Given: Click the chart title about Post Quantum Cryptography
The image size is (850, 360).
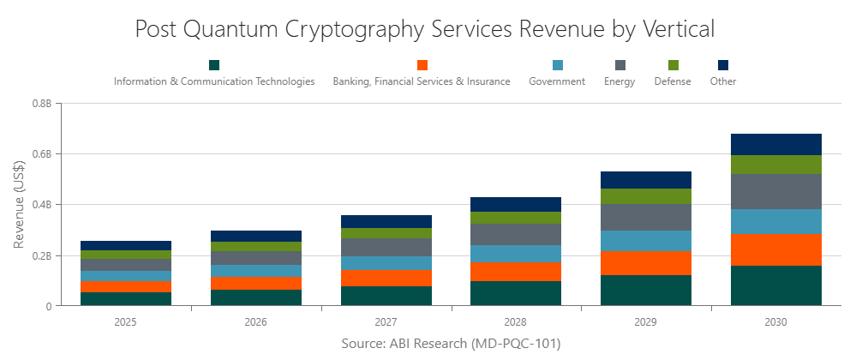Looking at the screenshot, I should coord(425,28).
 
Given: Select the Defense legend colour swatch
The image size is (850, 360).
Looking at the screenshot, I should coord(673,65).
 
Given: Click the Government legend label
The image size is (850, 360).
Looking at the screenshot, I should coord(557,81).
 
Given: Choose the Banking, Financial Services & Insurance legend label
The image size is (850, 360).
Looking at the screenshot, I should coord(422,81).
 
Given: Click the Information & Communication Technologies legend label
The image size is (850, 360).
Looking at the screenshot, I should coord(214,81).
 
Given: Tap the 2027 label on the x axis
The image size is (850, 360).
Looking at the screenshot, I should coord(386,322).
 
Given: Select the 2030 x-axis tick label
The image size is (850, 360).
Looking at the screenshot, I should coord(775,322).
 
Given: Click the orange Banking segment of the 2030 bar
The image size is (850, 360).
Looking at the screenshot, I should coord(775,249).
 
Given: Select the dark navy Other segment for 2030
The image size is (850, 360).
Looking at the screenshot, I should coord(775,144).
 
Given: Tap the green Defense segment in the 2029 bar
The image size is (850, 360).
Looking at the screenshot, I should coord(645,195).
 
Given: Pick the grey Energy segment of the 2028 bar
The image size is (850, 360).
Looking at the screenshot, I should coord(516,234).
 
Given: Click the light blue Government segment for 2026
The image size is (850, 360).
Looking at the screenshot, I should coord(255,271).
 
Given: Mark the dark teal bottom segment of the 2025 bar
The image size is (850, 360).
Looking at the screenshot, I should coord(126,298).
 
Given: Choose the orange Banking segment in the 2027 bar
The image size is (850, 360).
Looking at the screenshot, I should coord(386,278).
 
